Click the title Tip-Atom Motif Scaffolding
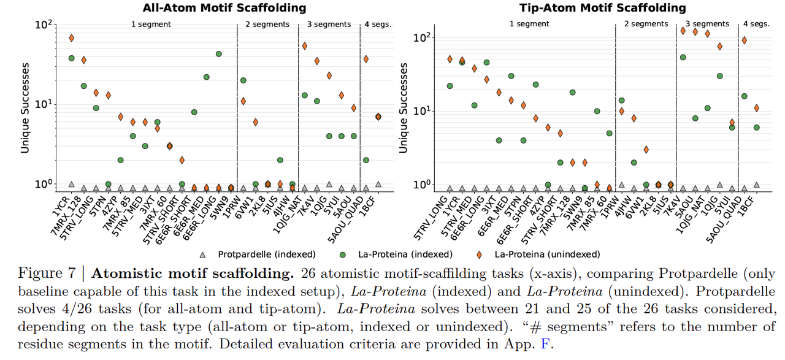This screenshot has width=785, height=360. click(x=594, y=8)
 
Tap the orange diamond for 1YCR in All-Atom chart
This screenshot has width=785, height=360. click(x=72, y=38)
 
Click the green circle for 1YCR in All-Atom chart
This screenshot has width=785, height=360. click(x=72, y=58)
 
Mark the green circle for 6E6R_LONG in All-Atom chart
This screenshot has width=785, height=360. click(x=218, y=54)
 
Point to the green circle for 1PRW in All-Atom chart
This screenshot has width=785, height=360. click(x=243, y=80)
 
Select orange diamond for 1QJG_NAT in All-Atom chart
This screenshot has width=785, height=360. click(x=305, y=46)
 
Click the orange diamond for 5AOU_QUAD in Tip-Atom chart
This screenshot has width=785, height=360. click(x=744, y=40)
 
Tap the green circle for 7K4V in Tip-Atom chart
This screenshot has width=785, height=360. click(x=683, y=57)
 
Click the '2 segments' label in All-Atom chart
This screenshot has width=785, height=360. click(x=267, y=25)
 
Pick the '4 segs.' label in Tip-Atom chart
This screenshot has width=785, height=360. click(x=756, y=25)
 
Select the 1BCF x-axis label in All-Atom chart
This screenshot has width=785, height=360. click(x=370, y=202)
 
